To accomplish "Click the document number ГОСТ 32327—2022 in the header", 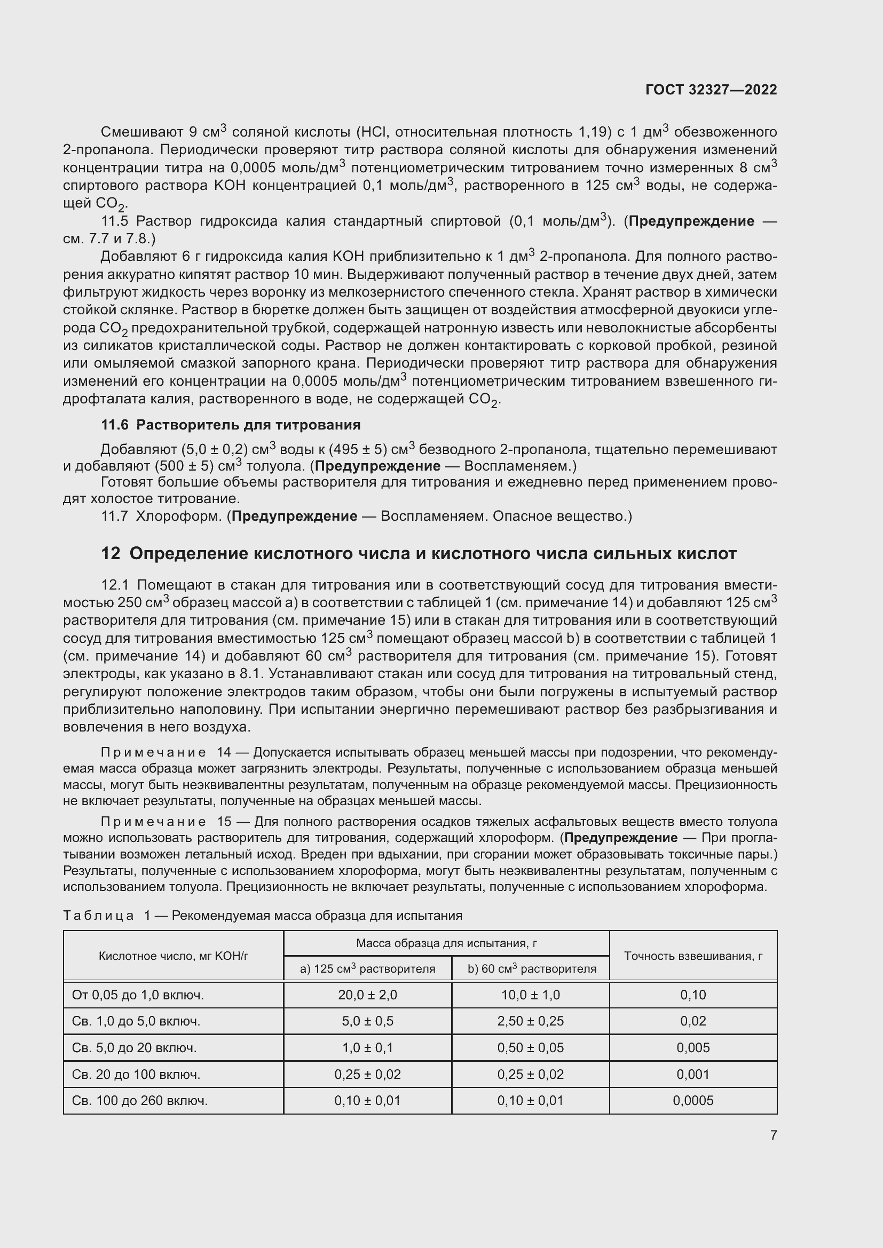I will (x=711, y=90).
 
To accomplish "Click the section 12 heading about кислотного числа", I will (x=419, y=553).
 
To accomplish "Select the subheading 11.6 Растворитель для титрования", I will (x=231, y=425).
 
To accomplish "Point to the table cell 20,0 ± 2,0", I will (x=367, y=995).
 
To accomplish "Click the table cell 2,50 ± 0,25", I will (x=530, y=1021).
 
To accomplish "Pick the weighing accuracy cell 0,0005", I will (x=693, y=1100).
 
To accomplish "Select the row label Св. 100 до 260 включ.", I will (x=140, y=1101).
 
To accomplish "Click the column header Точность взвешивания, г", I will (x=693, y=956).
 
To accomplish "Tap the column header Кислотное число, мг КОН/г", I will (x=174, y=956).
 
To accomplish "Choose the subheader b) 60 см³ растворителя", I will (x=531, y=968).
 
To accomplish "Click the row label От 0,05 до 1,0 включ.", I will (x=138, y=995).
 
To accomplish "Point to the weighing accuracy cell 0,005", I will (x=693, y=1047).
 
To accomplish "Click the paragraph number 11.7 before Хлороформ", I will (x=115, y=516).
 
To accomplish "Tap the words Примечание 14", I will (x=166, y=752).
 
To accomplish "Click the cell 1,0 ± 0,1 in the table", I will (x=367, y=1047).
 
